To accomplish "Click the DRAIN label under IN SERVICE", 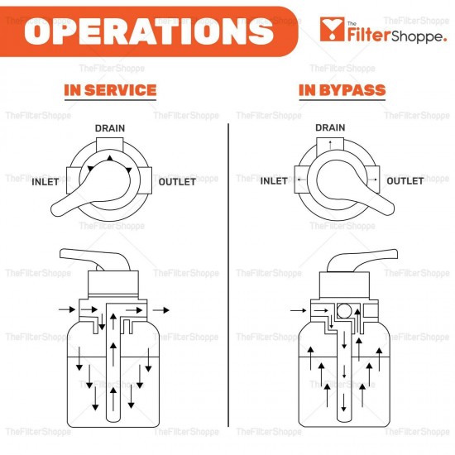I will [110, 128].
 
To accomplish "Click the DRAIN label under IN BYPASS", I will [330, 128].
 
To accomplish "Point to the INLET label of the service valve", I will [45, 181].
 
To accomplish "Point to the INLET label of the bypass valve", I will [274, 181].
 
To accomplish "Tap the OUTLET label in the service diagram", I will [177, 181].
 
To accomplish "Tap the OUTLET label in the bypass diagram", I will [405, 181].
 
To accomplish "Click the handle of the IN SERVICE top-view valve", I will [79, 201].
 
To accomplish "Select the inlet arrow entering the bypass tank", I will [298, 311].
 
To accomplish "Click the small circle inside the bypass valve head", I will [344, 312].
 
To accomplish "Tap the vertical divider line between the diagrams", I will [227, 273].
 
